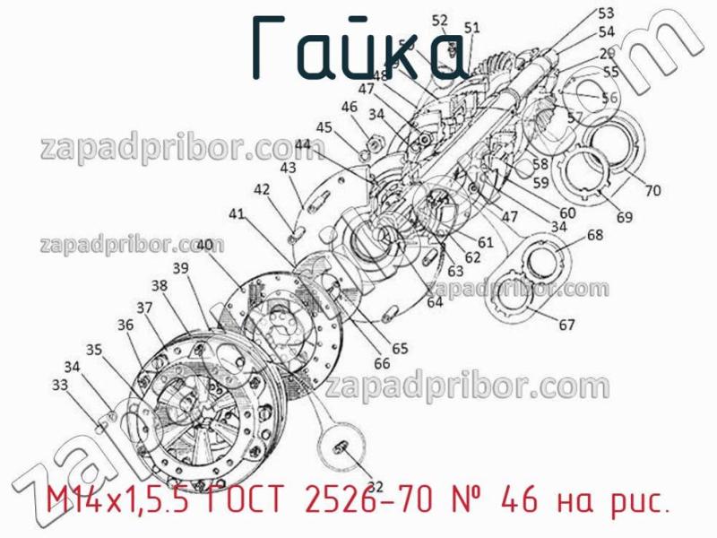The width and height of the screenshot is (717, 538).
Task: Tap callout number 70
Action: [652, 190]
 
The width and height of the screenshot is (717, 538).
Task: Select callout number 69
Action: [624, 216]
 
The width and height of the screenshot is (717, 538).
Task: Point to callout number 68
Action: [595, 236]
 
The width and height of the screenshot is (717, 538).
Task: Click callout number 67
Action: [566, 325]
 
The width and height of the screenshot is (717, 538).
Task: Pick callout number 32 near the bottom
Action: [375, 487]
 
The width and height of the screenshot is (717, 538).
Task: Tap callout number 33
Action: [60, 385]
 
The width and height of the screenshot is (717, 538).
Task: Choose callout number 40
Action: [204, 244]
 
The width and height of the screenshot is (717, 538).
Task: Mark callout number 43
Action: [288, 168]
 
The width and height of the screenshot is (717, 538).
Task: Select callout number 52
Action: [440, 20]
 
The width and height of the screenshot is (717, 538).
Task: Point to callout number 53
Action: [607, 13]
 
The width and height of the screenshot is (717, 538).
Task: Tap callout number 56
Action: [609, 99]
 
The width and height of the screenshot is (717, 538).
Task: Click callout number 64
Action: [435, 302]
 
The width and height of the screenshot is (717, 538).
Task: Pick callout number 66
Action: [382, 363]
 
